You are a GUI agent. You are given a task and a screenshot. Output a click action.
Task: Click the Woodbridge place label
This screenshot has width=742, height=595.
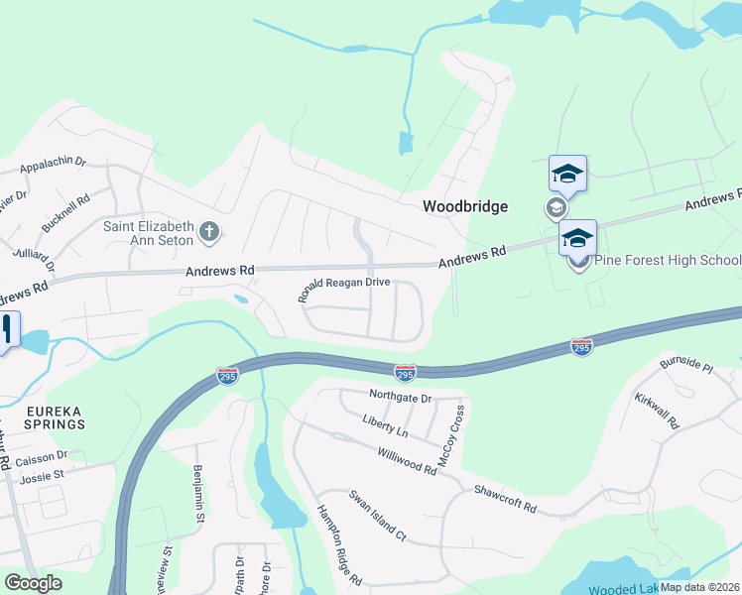[x=464, y=206]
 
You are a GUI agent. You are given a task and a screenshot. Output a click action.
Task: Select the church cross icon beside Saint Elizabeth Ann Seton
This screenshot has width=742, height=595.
[x=209, y=233]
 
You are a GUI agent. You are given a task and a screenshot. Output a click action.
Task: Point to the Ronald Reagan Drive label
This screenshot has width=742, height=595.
[x=344, y=289]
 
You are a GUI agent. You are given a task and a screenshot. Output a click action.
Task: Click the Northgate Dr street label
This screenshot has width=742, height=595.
[x=401, y=398]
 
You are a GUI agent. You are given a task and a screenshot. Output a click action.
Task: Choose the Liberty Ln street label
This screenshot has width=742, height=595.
[x=386, y=433]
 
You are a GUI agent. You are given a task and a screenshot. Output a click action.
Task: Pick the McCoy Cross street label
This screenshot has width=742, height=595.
[x=450, y=436]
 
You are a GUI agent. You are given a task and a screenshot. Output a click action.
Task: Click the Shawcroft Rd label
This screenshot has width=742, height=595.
[x=504, y=499]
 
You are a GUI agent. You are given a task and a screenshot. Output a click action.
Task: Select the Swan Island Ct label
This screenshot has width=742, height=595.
[x=377, y=515]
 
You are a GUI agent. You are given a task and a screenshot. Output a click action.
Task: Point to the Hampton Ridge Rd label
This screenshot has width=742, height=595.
[x=339, y=544]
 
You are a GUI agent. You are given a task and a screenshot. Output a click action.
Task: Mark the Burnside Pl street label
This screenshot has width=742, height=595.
[x=687, y=365]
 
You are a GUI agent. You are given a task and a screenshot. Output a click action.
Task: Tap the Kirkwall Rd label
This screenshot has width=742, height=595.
[x=658, y=408]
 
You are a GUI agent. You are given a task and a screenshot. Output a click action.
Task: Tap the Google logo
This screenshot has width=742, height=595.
[x=34, y=582]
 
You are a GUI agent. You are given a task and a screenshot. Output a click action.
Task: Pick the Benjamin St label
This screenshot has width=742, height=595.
[x=198, y=493]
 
